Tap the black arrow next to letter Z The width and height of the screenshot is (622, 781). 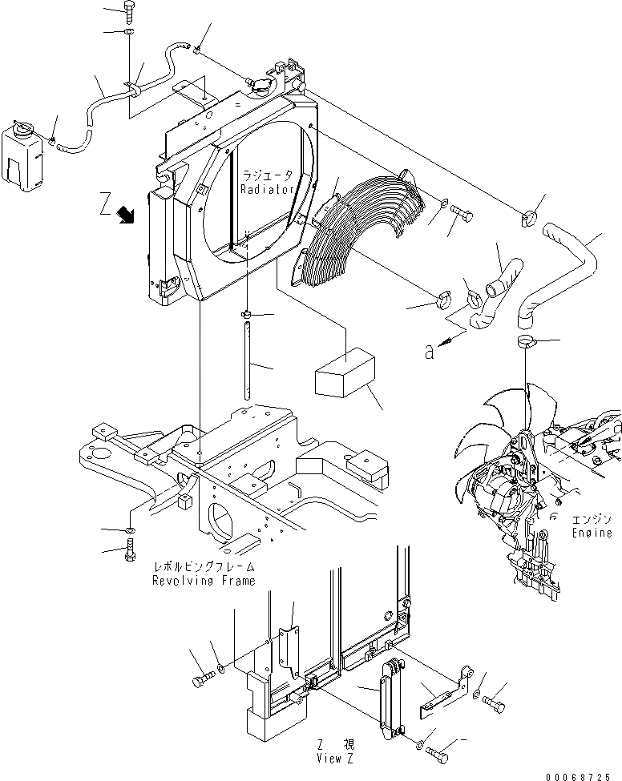pyautogui.click(x=125, y=214)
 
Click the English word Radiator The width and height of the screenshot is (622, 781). pyautogui.click(x=264, y=189)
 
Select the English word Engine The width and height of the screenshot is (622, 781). pyautogui.click(x=592, y=533)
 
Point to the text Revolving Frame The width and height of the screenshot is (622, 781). pyautogui.click(x=204, y=581)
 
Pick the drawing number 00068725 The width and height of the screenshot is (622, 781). pyautogui.click(x=583, y=775)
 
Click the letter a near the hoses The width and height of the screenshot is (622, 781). pyautogui.click(x=430, y=349)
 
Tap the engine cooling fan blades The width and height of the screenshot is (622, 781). pyautogui.click(x=481, y=449)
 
